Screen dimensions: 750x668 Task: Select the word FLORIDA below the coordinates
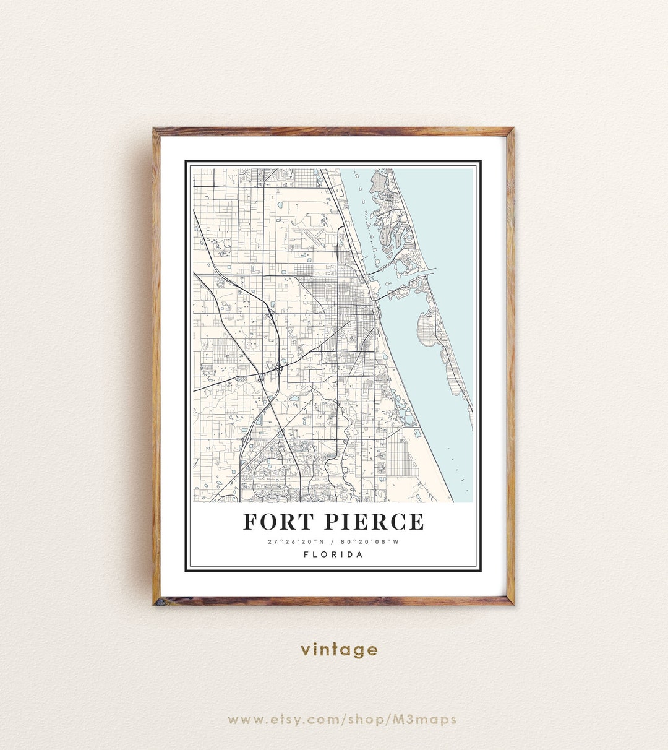click(333, 554)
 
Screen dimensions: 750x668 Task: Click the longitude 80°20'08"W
click(370, 542)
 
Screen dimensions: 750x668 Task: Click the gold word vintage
click(339, 649)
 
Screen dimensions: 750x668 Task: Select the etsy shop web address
click(342, 720)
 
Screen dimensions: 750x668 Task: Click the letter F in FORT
click(250, 522)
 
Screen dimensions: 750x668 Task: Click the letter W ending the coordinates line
click(396, 542)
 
